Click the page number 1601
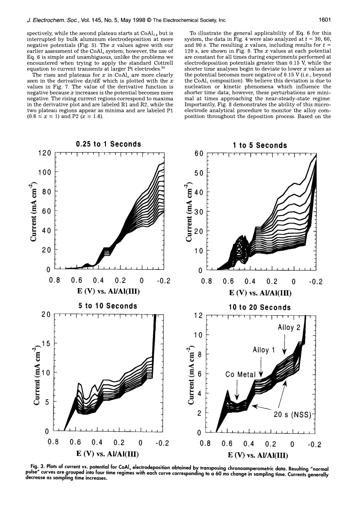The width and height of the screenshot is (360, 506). pyautogui.click(x=325, y=20)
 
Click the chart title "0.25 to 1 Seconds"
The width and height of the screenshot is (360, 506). pyautogui.click(x=108, y=144)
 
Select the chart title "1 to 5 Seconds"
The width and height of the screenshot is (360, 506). pyautogui.click(x=260, y=145)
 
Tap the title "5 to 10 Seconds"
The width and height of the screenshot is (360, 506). pyautogui.click(x=108, y=305)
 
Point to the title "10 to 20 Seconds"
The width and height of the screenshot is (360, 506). pyautogui.click(x=260, y=307)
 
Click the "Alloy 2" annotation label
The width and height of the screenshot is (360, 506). pyautogui.click(x=289, y=327)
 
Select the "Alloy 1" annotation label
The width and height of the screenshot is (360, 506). pyautogui.click(x=264, y=350)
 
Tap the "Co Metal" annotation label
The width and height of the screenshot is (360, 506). pyautogui.click(x=240, y=374)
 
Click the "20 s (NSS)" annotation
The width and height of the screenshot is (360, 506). pyautogui.click(x=292, y=414)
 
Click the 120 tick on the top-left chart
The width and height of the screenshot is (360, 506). pyautogui.click(x=45, y=153)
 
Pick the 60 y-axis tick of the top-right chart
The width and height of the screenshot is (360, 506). pyautogui.click(x=199, y=153)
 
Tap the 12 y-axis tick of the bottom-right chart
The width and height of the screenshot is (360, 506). pyautogui.click(x=198, y=315)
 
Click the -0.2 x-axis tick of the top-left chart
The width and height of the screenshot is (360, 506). pyautogui.click(x=164, y=281)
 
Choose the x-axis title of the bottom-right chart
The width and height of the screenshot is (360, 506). pyautogui.click(x=258, y=455)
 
